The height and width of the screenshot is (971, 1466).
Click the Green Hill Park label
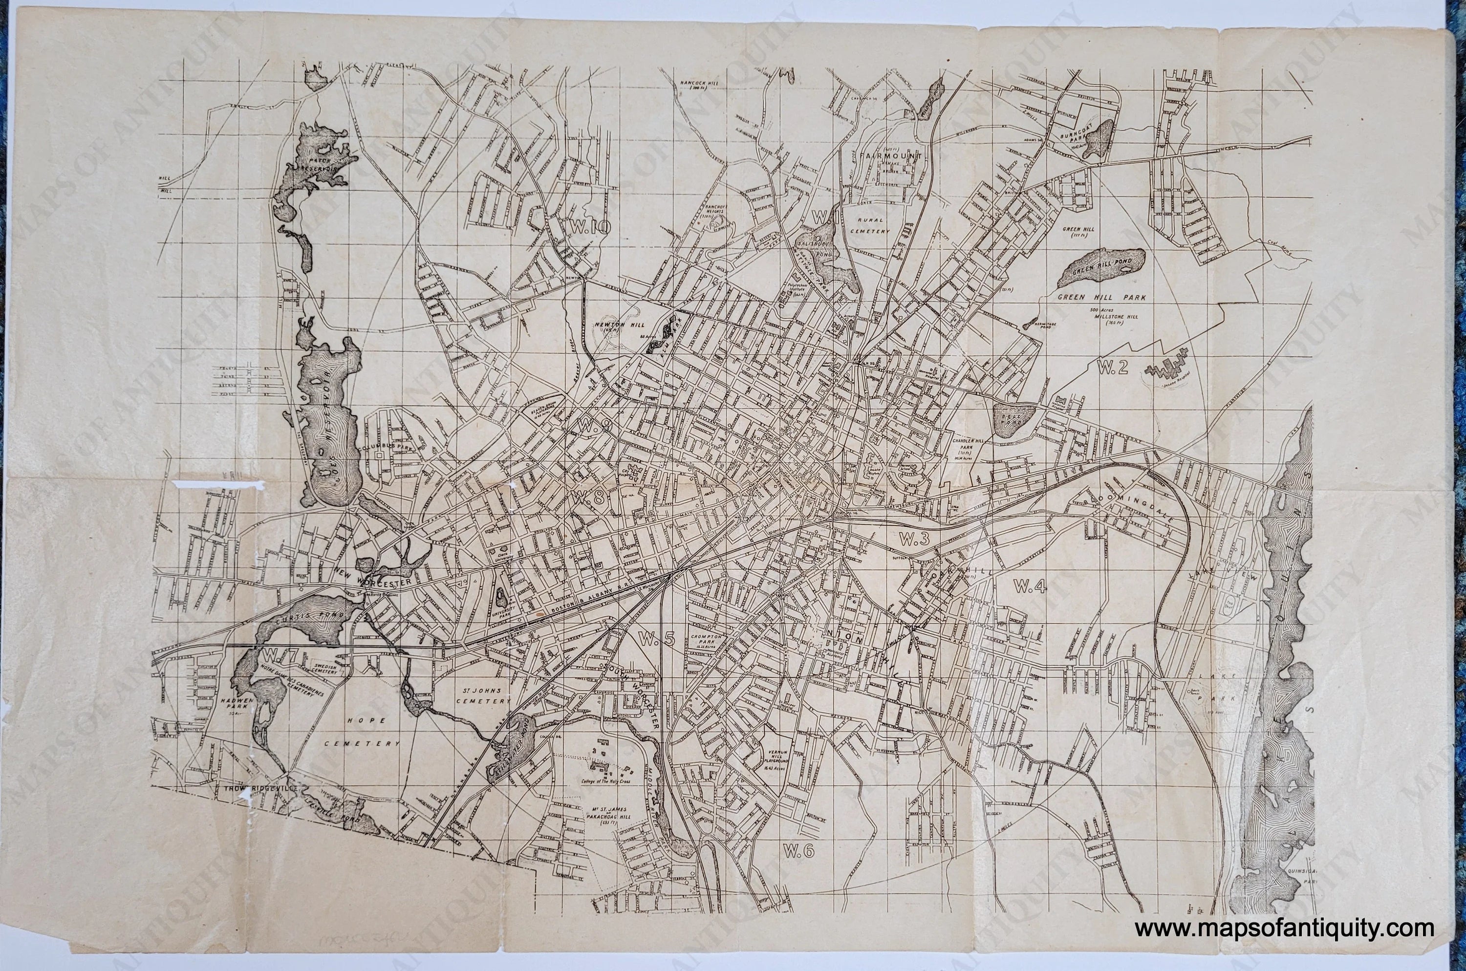point(1101,297)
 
